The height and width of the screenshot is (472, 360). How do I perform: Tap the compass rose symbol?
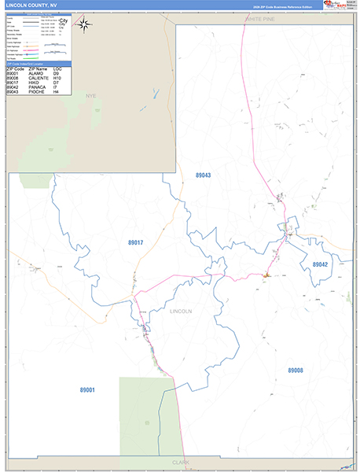[85, 23]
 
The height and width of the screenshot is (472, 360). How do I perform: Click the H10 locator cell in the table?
[57, 79]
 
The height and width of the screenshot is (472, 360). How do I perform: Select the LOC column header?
[57, 69]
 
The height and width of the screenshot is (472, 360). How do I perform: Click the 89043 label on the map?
[203, 175]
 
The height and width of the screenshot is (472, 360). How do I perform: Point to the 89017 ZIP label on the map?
[135, 242]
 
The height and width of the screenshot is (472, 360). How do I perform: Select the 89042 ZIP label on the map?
[319, 264]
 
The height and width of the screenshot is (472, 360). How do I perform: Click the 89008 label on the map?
[296, 370]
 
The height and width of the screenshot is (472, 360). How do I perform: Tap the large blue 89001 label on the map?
[86, 389]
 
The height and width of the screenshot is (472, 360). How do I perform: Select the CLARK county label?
[180, 462]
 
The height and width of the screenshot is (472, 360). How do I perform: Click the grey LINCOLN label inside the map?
[181, 312]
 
